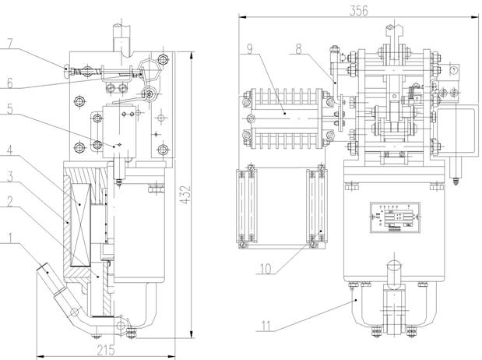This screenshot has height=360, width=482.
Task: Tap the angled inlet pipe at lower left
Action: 48,277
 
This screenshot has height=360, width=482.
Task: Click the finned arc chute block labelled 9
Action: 284,117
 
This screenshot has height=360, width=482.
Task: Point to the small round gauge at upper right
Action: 452,69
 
